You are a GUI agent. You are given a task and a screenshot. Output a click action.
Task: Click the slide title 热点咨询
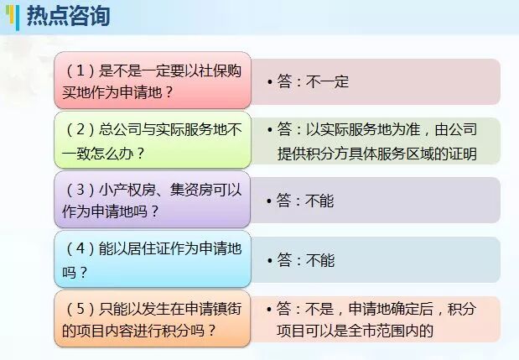[68, 16]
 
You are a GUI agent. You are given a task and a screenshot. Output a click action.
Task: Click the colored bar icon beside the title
[16, 17]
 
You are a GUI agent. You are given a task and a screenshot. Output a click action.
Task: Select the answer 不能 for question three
[319, 201]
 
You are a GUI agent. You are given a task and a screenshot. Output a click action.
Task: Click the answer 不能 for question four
[319, 260]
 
